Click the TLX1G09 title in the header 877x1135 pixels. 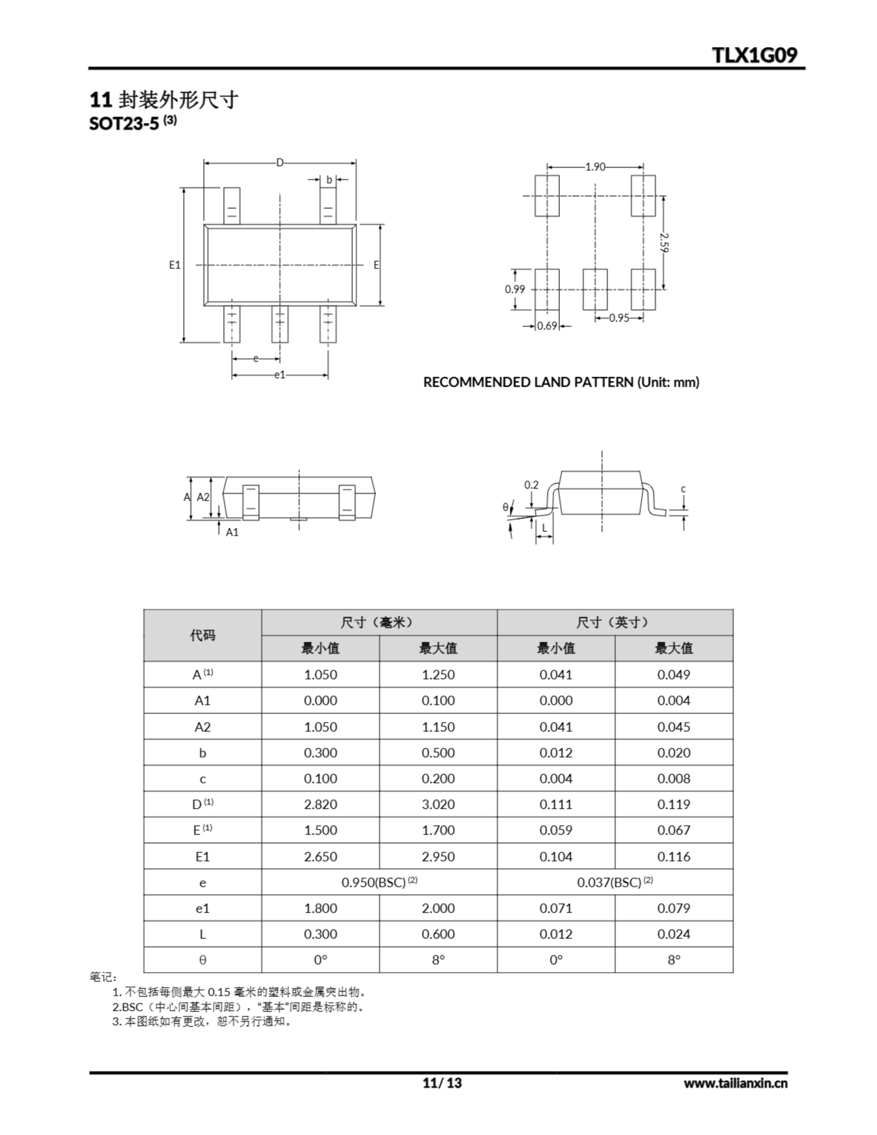[754, 55]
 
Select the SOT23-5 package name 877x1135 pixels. [124, 124]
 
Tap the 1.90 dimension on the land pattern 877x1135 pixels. [595, 167]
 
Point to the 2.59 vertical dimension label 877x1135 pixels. [664, 243]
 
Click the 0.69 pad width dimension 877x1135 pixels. [547, 326]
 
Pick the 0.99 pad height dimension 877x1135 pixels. [515, 290]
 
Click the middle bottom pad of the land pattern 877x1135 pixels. [595, 290]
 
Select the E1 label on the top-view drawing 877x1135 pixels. [175, 265]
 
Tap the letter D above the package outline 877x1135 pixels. [280, 163]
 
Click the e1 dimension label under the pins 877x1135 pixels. [280, 375]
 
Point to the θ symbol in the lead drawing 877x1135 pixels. [505, 507]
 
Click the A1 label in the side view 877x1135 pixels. [232, 532]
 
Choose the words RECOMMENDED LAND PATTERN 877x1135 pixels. [528, 383]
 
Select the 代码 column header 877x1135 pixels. [202, 635]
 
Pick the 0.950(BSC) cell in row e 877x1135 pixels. [379, 882]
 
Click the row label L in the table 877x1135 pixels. [202, 934]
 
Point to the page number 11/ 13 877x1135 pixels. [442, 1083]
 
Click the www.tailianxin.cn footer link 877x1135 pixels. [735, 1084]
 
